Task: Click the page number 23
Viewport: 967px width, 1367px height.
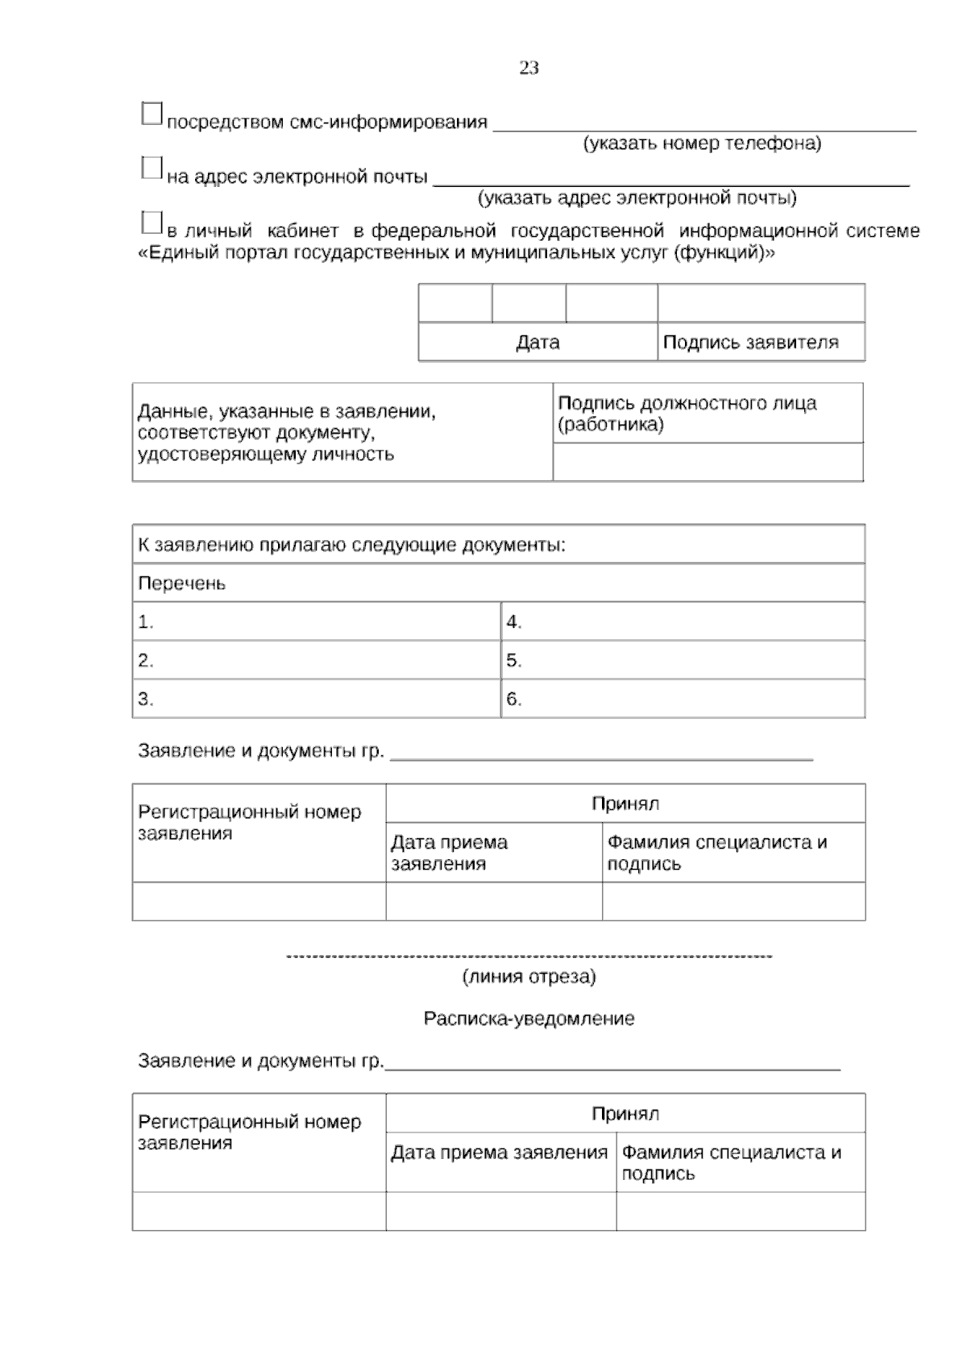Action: click(x=529, y=69)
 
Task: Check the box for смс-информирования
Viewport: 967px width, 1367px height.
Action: click(x=151, y=114)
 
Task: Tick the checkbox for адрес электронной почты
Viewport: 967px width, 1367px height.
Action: click(x=151, y=168)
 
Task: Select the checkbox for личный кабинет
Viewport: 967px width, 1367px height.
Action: click(x=151, y=222)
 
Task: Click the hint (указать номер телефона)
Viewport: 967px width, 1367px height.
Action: click(x=702, y=143)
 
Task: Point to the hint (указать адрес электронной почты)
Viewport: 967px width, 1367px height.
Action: click(x=637, y=197)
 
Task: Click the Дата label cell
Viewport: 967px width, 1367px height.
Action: click(x=537, y=343)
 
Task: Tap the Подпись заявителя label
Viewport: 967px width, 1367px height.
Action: click(x=750, y=343)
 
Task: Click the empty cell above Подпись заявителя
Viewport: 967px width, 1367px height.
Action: click(x=761, y=303)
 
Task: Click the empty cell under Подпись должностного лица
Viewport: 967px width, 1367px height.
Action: click(x=708, y=462)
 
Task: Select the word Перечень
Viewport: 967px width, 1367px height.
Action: click(x=181, y=583)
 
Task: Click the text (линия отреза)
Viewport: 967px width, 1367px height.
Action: click(x=529, y=977)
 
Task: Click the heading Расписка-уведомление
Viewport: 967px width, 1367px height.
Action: click(x=529, y=1019)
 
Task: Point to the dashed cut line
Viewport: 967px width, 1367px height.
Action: click(x=529, y=957)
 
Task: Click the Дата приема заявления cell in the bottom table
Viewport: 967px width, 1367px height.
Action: click(x=499, y=1153)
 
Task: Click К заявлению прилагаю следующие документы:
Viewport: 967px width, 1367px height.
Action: click(x=351, y=545)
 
